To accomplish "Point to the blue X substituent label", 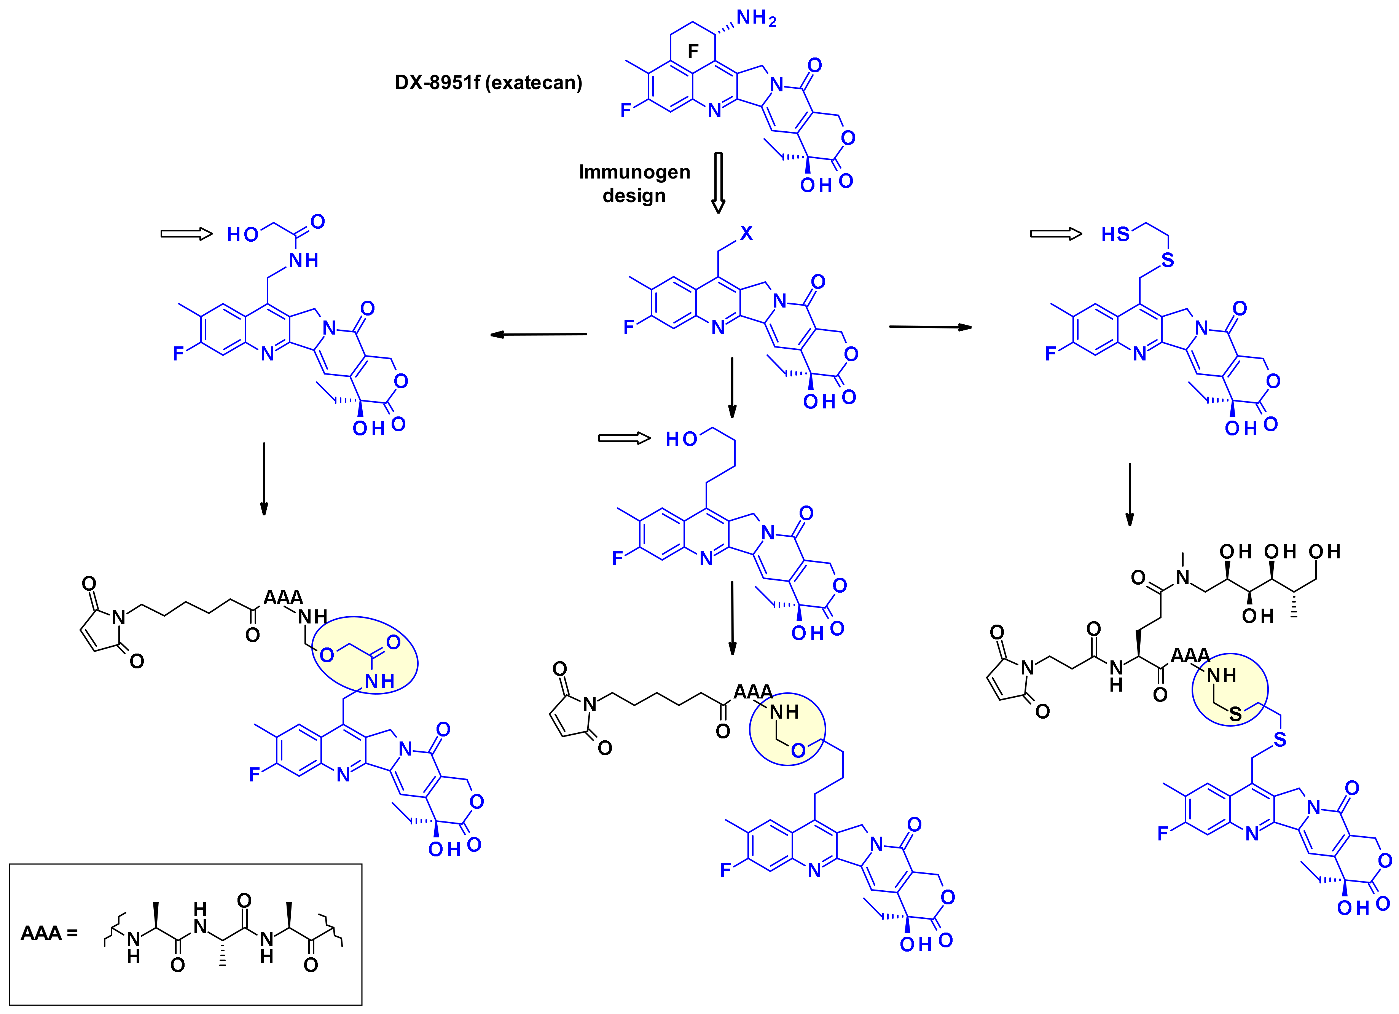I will coord(746,233).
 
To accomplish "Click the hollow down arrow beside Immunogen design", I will coord(718,183).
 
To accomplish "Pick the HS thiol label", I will coord(1115,234).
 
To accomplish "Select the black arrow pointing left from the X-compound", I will coord(538,334).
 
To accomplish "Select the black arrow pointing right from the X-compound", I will coord(930,327).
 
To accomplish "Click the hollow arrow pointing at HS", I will coord(1056,234).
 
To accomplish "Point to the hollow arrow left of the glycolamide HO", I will coord(186,234).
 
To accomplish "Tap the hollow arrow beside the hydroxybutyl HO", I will coord(624,438).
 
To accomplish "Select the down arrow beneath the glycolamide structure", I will coord(264,478).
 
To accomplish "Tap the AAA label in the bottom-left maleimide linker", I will coord(283,597).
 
